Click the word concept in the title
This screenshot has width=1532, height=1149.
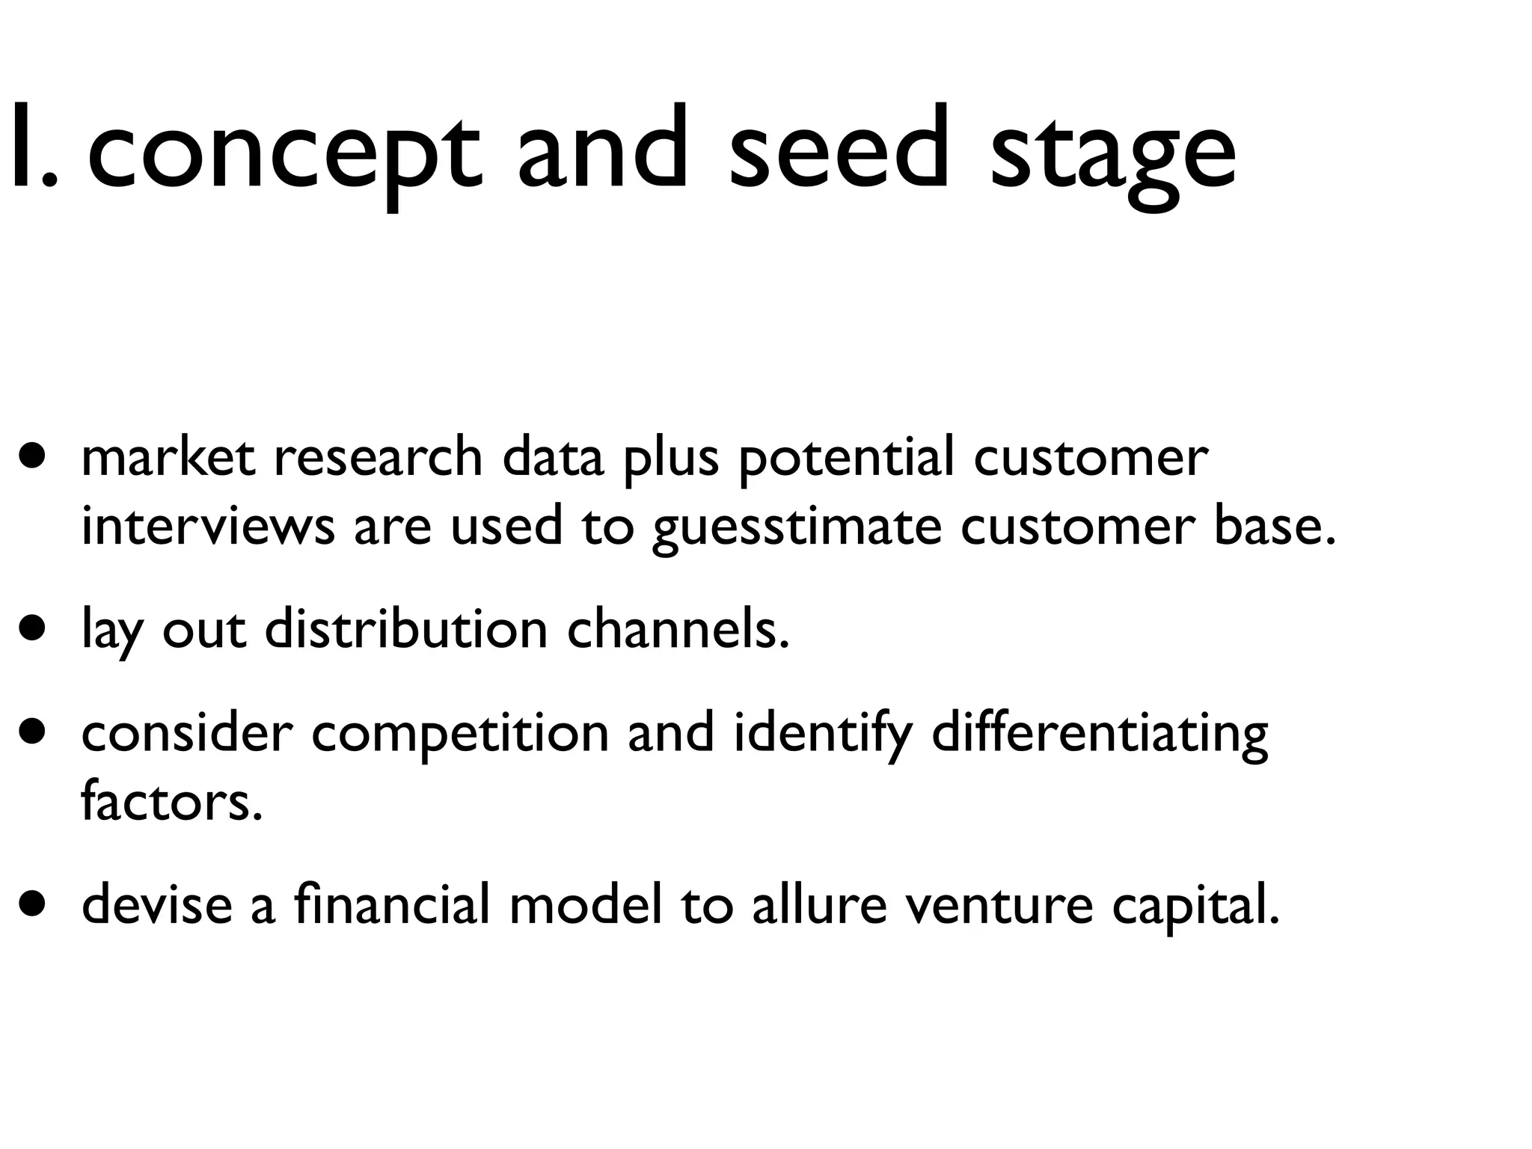[x=284, y=150]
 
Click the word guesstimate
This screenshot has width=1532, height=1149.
[x=797, y=527]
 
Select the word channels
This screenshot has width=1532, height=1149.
[x=678, y=630]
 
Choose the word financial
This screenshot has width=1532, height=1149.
[x=392, y=904]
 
